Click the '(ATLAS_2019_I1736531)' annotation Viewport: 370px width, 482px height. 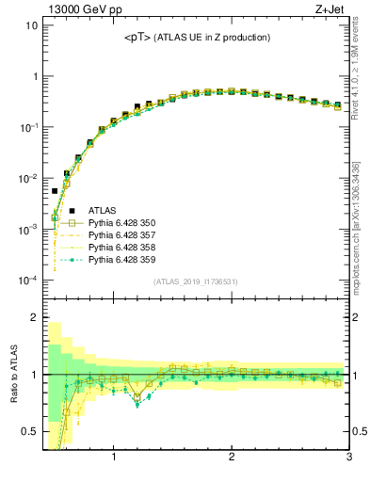coord(195,281)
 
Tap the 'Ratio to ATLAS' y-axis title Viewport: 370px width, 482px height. coord(12,373)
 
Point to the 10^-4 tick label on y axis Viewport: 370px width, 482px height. coord(27,281)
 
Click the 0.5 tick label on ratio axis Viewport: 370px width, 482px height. coord(28,432)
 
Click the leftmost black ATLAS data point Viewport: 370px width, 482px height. coord(55,191)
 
